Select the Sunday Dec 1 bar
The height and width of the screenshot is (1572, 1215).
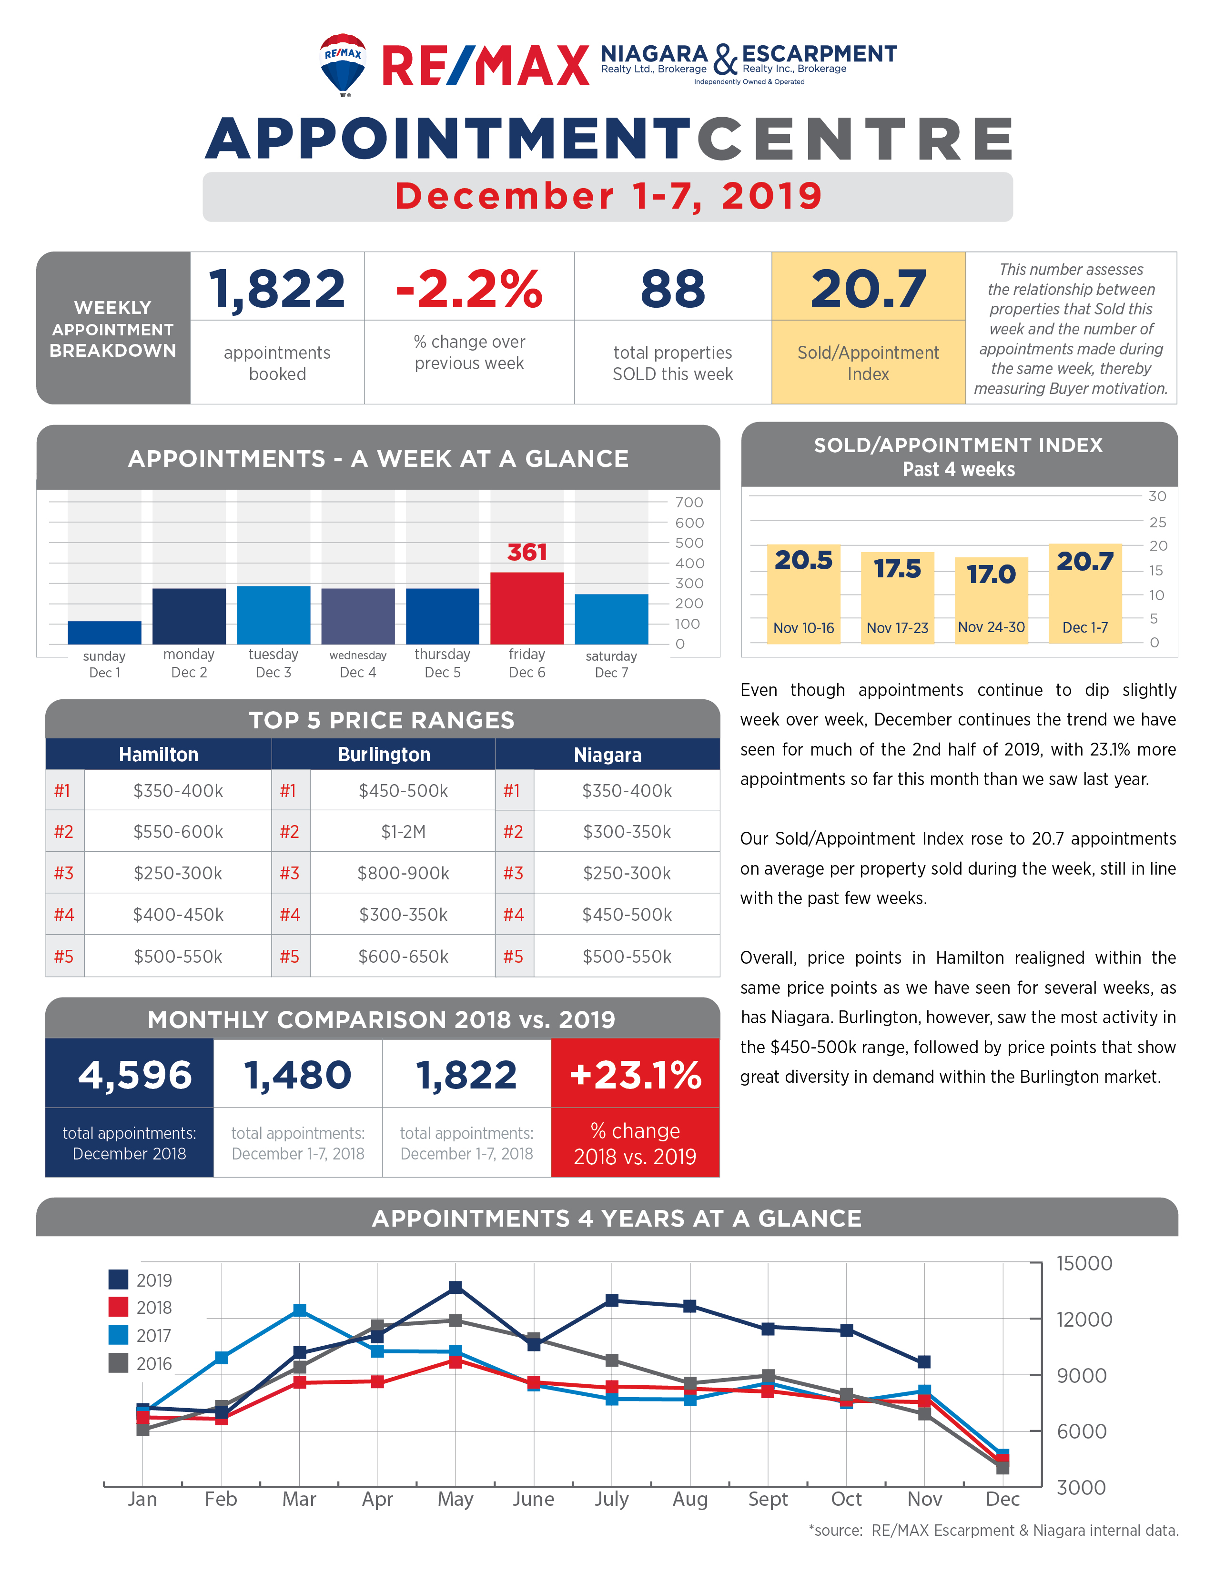(104, 632)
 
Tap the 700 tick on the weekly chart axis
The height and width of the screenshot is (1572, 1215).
(689, 503)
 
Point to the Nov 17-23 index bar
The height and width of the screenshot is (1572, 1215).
(898, 597)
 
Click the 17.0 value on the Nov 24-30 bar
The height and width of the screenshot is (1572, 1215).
(991, 574)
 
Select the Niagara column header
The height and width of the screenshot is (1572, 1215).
(607, 755)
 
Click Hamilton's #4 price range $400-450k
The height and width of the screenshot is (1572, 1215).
(178, 915)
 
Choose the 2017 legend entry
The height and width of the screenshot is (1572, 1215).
(141, 1335)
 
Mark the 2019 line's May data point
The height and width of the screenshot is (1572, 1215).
(456, 1287)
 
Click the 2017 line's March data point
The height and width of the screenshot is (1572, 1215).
(299, 1310)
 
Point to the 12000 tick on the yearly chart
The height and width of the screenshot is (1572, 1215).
(1084, 1320)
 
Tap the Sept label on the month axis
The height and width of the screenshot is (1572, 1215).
(768, 1499)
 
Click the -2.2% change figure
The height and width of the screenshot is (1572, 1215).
(469, 289)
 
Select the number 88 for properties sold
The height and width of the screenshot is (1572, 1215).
(672, 289)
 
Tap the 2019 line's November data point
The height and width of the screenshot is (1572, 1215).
(924, 1362)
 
